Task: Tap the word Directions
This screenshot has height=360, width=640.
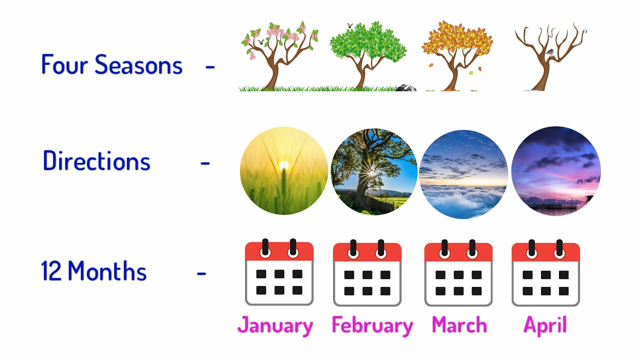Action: pyautogui.click(x=96, y=161)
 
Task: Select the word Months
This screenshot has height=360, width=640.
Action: pyautogui.click(x=107, y=271)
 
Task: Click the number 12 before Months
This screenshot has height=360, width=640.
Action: pyautogui.click(x=51, y=271)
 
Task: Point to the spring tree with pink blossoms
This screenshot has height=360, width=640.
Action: pyautogui.click(x=278, y=55)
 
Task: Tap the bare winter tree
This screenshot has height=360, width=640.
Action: pyautogui.click(x=549, y=55)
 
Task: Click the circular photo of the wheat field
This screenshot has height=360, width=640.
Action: pyautogui.click(x=283, y=171)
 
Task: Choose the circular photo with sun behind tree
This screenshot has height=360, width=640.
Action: pyautogui.click(x=374, y=171)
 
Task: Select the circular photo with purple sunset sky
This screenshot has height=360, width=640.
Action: pyautogui.click(x=556, y=171)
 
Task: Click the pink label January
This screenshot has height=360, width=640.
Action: pyautogui.click(x=275, y=325)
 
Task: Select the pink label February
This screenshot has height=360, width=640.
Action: pyautogui.click(x=372, y=325)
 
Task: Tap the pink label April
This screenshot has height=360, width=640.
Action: pyautogui.click(x=545, y=325)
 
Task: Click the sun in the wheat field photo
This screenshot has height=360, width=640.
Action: pyautogui.click(x=284, y=164)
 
